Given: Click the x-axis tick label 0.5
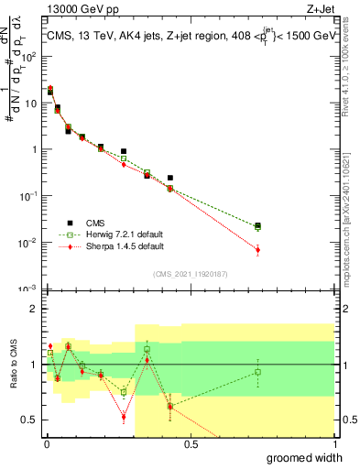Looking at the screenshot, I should coord(191,443).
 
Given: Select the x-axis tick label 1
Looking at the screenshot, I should coord(334,443).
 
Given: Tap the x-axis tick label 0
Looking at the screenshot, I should coord(45,443).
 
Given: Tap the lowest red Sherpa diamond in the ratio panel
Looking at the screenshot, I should coord(124,417).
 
